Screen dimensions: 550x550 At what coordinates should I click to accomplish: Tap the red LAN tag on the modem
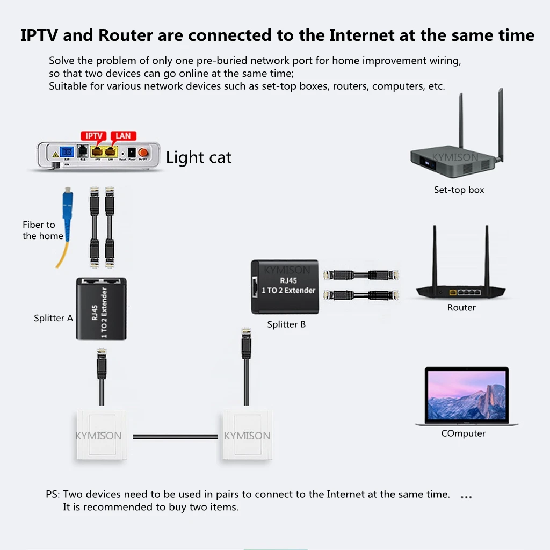pos(123,136)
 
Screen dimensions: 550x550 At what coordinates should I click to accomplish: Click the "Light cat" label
pos(199,157)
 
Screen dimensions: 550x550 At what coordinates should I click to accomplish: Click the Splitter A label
pos(53,318)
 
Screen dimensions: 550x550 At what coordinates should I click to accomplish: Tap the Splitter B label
pos(286,324)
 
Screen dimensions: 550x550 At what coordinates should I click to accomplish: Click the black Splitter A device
pos(101,308)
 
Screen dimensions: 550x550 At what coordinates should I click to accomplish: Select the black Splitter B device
pos(284,287)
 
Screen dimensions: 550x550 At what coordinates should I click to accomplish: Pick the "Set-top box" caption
pos(459,190)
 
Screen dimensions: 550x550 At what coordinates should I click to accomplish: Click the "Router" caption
pos(461,308)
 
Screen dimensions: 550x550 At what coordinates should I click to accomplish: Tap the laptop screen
pos(466,396)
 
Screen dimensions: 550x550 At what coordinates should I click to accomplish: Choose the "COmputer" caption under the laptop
pos(463,433)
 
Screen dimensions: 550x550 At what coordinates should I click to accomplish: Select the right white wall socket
pos(247,435)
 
